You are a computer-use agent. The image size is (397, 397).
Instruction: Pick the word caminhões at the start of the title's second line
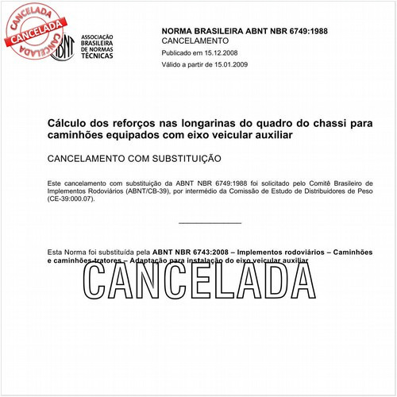[77, 136]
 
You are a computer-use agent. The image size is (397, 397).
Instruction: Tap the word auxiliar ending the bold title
[271, 136]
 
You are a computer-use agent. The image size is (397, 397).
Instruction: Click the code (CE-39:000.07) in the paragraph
[70, 199]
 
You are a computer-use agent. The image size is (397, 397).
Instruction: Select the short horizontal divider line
[210, 223]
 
